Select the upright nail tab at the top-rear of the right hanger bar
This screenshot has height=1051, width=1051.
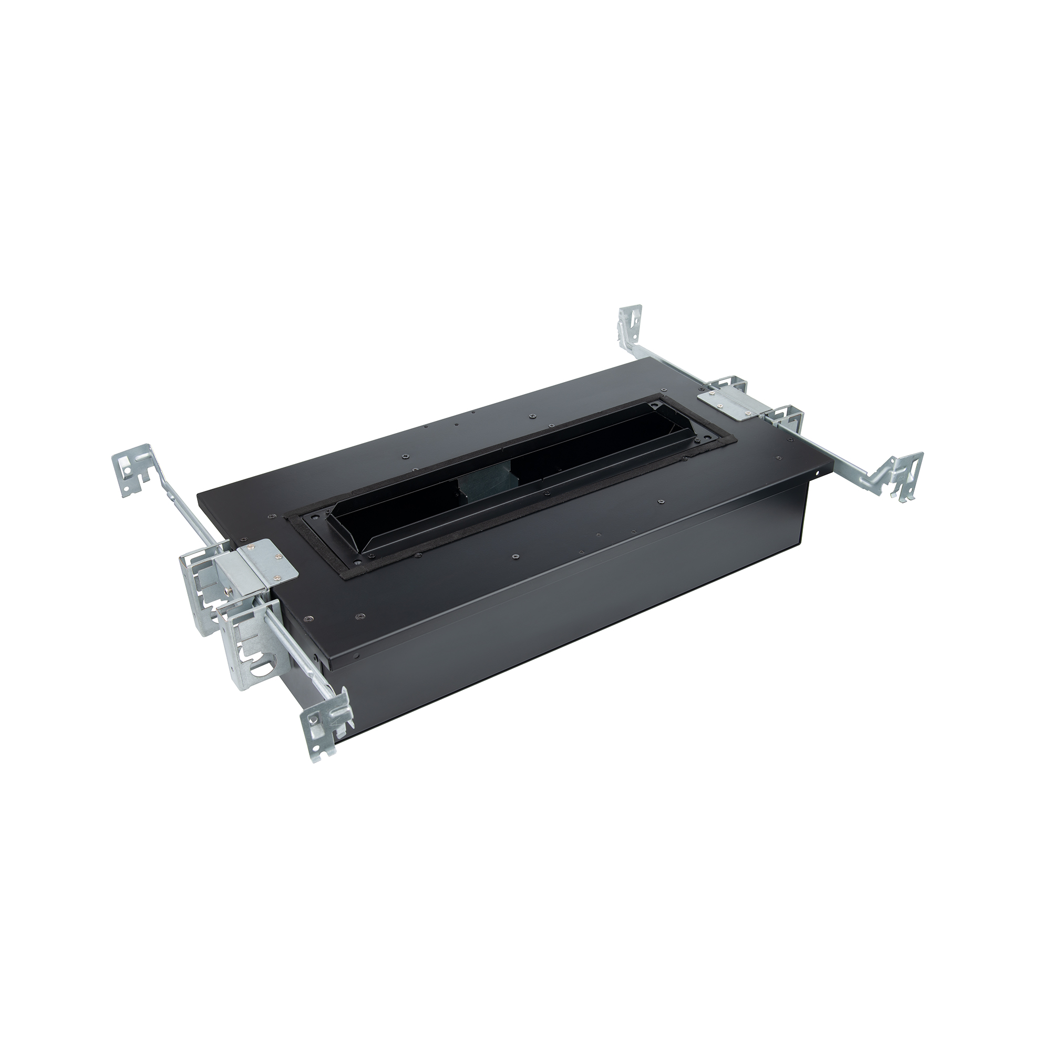[x=630, y=326]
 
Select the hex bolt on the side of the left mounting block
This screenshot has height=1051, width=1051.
[x=229, y=587]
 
